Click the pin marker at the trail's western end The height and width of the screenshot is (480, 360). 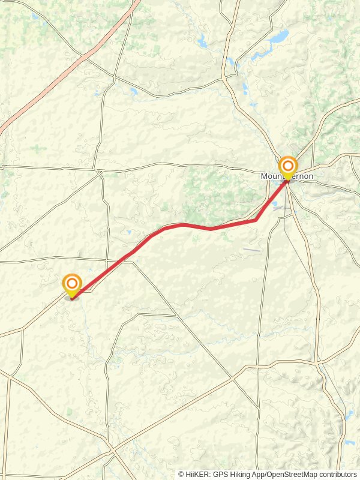pos(72,284)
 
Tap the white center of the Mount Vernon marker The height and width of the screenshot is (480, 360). pos(288,165)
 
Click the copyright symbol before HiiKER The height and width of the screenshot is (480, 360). pos(181,474)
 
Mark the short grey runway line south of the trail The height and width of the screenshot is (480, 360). pos(252,250)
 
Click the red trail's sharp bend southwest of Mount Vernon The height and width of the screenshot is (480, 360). pos(256,220)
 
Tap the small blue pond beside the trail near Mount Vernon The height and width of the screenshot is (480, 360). pos(275,206)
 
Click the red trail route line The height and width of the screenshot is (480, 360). pos(180,225)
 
